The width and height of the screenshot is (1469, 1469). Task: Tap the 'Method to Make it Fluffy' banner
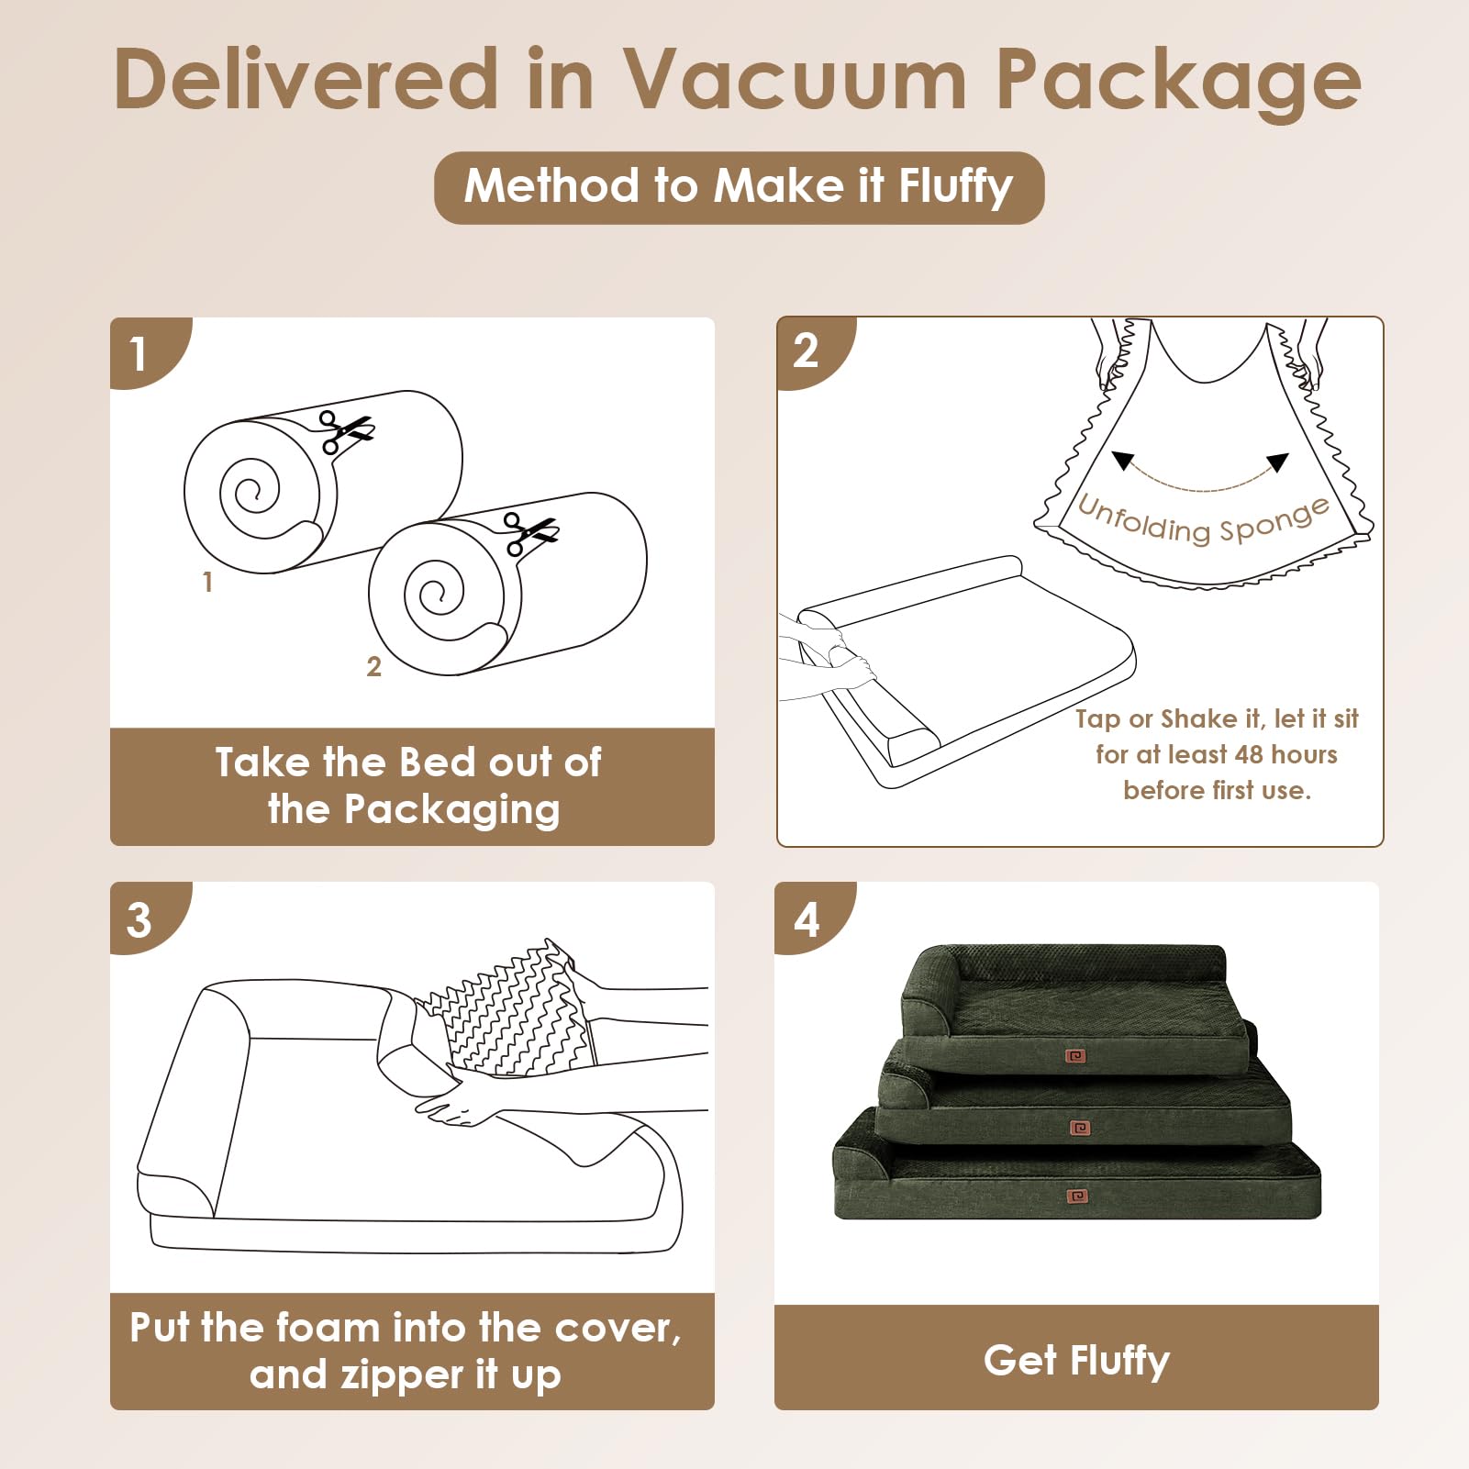tap(739, 187)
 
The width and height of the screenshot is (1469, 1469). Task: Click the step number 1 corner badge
tap(147, 353)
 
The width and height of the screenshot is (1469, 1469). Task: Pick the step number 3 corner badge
tap(147, 918)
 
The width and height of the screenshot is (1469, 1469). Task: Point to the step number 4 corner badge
tap(813, 918)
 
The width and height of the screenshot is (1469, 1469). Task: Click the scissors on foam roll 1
tap(345, 431)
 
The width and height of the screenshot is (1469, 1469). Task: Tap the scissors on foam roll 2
tap(530, 533)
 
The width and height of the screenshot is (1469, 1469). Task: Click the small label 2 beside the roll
tap(373, 667)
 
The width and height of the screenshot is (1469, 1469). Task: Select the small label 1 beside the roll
tap(207, 582)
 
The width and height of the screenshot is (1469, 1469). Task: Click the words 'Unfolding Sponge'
tap(1203, 520)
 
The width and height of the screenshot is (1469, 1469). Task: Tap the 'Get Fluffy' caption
tap(1076, 1360)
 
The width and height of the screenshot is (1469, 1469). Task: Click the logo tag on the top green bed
tap(1075, 1057)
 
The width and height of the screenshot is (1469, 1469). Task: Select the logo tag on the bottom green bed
tap(1078, 1196)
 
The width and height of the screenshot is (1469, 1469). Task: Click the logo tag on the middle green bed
tap(1080, 1128)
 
